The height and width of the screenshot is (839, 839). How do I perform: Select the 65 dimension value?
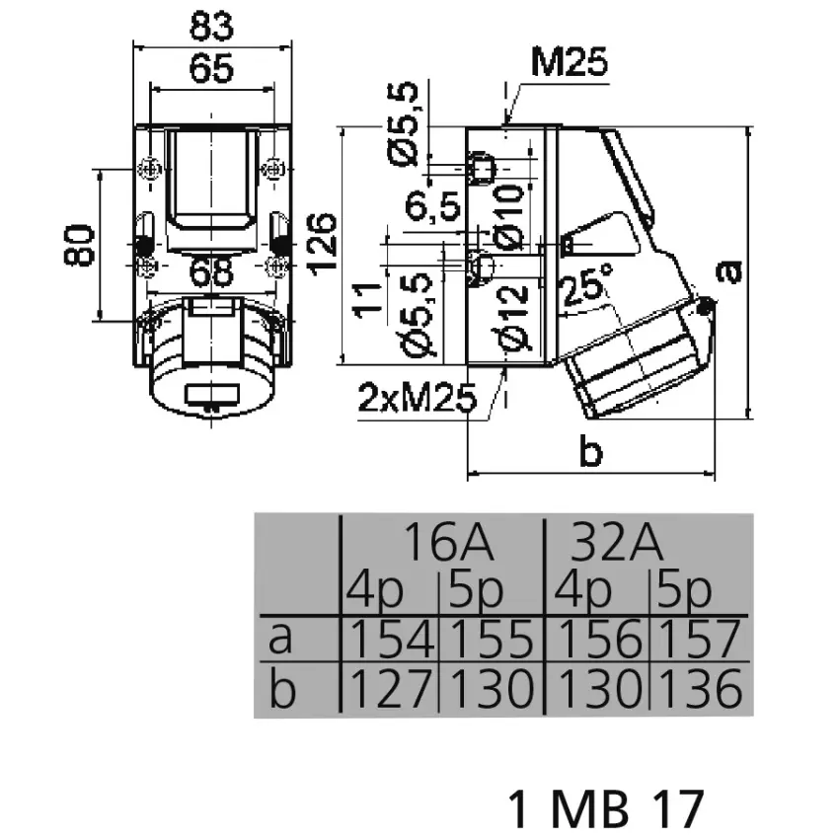212,68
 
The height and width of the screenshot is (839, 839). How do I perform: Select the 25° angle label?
586,288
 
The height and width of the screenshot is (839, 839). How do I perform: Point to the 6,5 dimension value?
432,206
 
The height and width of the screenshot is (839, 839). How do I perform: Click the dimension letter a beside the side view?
728,270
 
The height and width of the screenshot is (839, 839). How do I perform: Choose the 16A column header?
447,543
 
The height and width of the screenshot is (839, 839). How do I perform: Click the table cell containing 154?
389,641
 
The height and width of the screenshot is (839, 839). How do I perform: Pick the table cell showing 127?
389,689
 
